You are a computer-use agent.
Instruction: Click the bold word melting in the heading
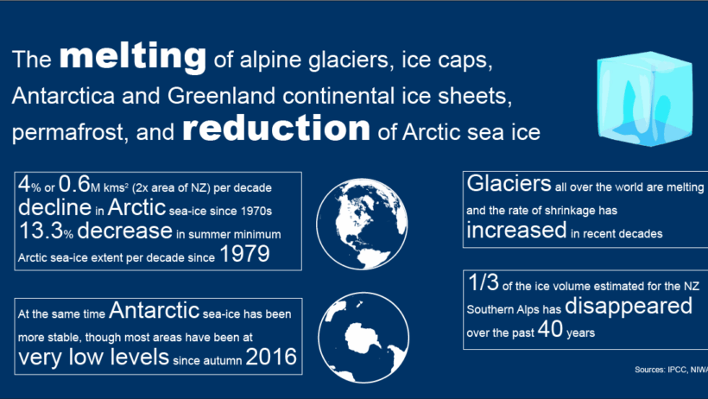click(133, 57)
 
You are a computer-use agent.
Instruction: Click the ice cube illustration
click(645, 98)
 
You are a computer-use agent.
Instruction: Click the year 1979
click(244, 254)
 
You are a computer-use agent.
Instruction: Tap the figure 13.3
click(41, 231)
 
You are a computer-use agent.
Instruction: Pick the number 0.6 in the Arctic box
click(74, 184)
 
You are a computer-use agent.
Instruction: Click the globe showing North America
click(362, 224)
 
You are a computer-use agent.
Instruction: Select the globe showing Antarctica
click(363, 338)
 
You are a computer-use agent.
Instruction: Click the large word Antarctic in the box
click(154, 310)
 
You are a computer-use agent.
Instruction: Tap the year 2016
click(271, 357)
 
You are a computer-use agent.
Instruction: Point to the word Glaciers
click(509, 183)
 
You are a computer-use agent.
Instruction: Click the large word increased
click(516, 230)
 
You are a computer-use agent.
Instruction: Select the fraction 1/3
click(484, 283)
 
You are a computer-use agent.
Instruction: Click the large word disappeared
click(629, 306)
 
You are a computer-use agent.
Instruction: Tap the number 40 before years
click(550, 329)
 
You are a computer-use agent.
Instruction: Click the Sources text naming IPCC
click(671, 370)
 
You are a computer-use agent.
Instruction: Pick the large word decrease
click(124, 231)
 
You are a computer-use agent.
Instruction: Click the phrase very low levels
click(93, 357)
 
